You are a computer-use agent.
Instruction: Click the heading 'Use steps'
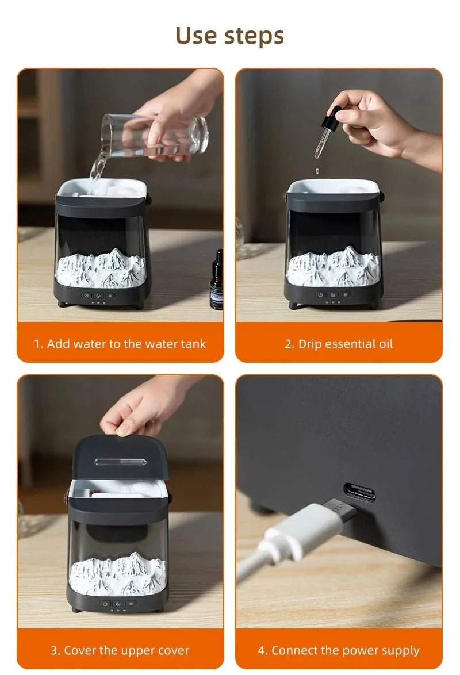click(x=229, y=36)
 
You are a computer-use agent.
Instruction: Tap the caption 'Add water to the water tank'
click(x=126, y=344)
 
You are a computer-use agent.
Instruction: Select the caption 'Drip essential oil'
click(x=346, y=344)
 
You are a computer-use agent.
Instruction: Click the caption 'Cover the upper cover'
click(x=126, y=650)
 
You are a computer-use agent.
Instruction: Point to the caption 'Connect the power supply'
click(x=346, y=650)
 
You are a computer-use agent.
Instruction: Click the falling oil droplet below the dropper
click(x=317, y=171)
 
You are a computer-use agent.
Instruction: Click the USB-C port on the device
click(x=359, y=491)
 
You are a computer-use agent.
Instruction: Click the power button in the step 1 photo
click(x=86, y=296)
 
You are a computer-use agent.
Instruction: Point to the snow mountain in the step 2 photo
click(x=333, y=266)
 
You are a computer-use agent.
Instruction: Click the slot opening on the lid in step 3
click(x=120, y=462)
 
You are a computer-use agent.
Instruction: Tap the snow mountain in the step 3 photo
click(x=117, y=574)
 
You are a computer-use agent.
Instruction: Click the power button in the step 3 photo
click(x=105, y=604)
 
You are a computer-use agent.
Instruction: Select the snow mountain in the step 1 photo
click(x=101, y=268)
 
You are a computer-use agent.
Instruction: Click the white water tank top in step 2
click(x=333, y=186)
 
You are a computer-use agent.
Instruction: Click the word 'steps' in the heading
click(x=254, y=37)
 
